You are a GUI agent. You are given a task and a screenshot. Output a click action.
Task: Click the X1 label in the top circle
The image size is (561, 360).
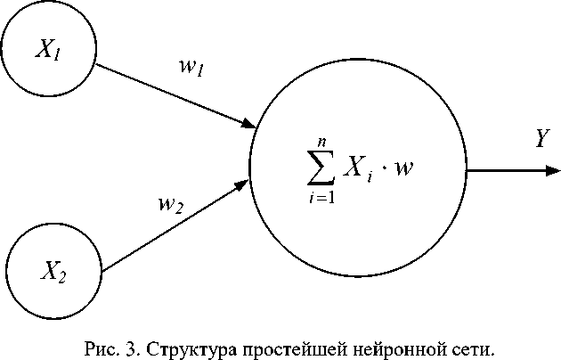click(47, 50)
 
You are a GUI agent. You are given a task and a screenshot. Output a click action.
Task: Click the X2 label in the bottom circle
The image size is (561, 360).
click(50, 270)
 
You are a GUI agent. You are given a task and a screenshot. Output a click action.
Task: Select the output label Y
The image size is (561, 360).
click(541, 137)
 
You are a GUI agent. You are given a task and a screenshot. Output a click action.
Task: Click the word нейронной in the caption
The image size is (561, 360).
click(389, 347)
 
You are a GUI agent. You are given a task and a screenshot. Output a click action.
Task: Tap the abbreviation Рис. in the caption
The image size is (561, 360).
click(94, 347)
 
